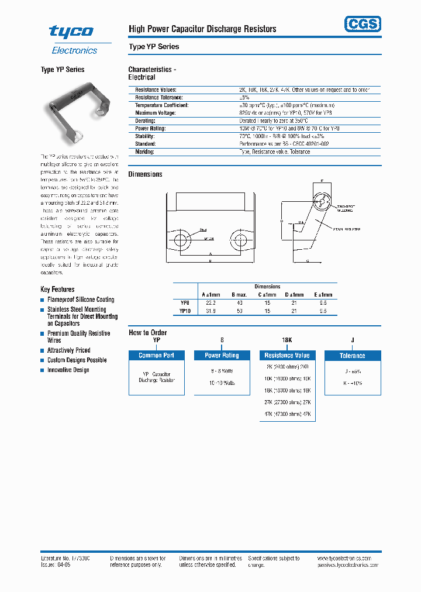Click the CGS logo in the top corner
(361, 23)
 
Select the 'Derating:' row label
(146, 121)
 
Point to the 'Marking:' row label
(145, 152)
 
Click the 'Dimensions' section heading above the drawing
(145, 174)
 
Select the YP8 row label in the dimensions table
(185, 303)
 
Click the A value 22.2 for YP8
(210, 303)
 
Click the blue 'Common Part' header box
(156, 355)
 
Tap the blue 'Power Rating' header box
(222, 355)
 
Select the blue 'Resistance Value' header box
(287, 355)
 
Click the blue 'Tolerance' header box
(352, 355)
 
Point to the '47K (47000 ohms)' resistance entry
(287, 414)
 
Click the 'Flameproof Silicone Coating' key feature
(81, 300)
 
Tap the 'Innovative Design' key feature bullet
(68, 370)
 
